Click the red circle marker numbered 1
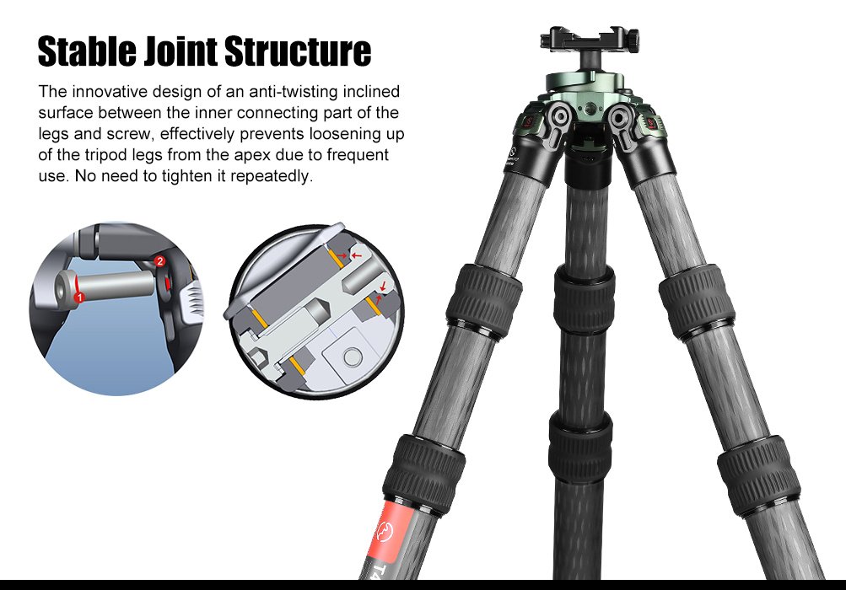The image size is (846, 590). coord(78,297)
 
